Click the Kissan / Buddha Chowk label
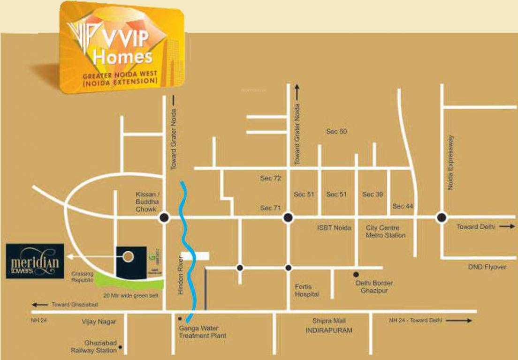tap(146, 202)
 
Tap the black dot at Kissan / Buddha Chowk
tap(164, 217)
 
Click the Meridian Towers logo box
tap(35, 261)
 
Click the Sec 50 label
tap(336, 132)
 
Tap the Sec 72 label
tap(270, 178)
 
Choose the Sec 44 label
tap(403, 206)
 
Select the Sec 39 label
tap(373, 194)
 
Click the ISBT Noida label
tap(334, 228)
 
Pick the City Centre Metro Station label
tap(386, 232)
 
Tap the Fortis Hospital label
tap(307, 291)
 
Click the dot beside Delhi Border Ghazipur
tap(357, 274)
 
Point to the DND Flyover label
tap(487, 267)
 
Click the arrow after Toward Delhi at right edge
tap(507, 227)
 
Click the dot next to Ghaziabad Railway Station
tap(121, 347)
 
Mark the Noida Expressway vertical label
tap(451, 162)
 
